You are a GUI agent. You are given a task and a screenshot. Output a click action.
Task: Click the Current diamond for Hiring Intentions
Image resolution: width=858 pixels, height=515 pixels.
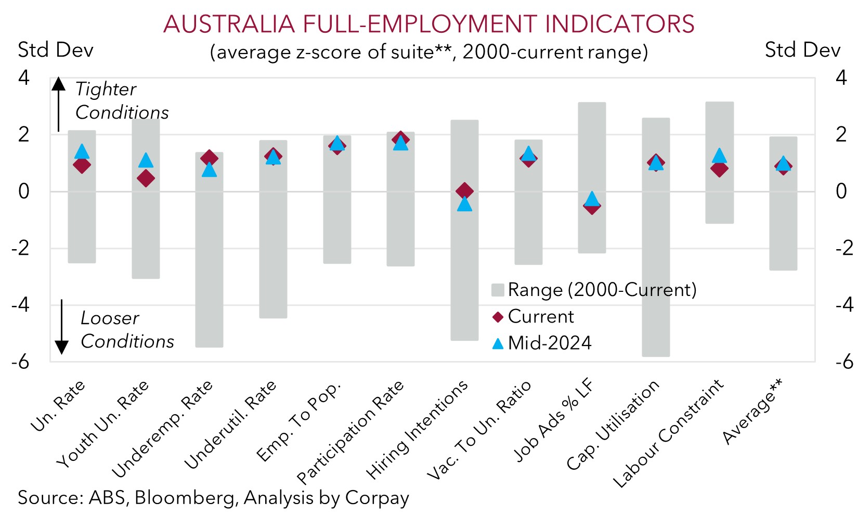[464, 191]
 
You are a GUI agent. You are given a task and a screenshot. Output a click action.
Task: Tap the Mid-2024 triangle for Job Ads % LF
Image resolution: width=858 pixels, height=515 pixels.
[592, 198]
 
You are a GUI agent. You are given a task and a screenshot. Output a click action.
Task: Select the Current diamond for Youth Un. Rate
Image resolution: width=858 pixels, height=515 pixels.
[146, 178]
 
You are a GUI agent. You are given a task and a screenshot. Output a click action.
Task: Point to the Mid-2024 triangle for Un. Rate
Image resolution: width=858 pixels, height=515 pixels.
[82, 151]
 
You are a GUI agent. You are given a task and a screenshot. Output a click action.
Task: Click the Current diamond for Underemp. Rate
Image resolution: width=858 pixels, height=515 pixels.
[209, 158]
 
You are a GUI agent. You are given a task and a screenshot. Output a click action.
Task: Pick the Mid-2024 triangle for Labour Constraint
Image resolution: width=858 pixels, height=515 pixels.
[719, 156]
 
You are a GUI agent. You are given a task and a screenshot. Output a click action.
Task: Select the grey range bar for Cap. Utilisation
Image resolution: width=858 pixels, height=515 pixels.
[656, 260]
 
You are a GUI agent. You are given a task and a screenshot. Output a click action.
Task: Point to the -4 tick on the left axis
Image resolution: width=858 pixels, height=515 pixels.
[21, 305]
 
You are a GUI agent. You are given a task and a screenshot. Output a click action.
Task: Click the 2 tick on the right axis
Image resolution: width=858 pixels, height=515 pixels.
[841, 135]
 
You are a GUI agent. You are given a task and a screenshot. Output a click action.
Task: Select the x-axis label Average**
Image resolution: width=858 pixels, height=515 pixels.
[752, 412]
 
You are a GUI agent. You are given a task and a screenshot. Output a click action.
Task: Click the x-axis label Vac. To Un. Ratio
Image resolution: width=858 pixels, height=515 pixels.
[479, 430]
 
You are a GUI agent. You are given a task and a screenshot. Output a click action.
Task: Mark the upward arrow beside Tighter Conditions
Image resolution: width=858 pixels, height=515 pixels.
[59, 104]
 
